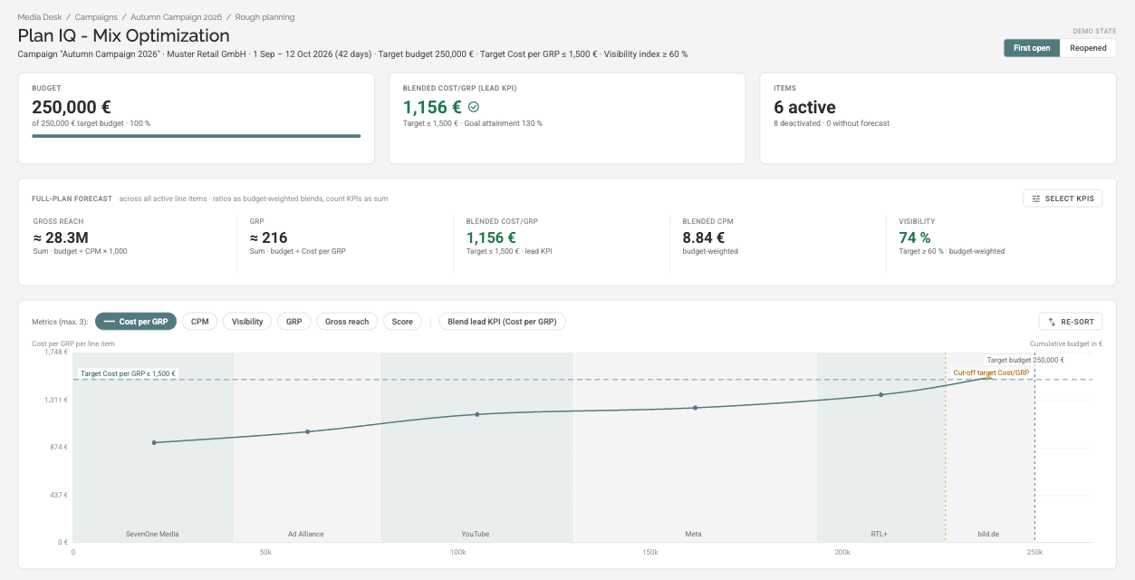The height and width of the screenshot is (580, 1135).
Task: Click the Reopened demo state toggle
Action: click(1088, 48)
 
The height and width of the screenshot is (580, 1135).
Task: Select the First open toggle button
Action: click(1032, 48)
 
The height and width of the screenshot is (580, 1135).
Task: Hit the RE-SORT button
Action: click(1070, 322)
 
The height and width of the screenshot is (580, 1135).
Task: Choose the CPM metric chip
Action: click(199, 322)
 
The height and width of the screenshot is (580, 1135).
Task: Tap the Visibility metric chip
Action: click(247, 322)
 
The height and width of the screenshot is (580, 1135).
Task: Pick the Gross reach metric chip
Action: click(347, 322)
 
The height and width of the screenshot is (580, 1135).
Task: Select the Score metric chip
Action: click(402, 322)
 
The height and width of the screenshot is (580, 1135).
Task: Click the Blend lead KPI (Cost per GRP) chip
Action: click(502, 322)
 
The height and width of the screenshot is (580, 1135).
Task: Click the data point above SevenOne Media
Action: click(154, 442)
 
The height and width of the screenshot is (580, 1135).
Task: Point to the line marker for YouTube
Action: click(477, 414)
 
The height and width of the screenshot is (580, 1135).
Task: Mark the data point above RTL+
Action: click(880, 394)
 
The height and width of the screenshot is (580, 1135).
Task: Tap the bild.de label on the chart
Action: click(988, 534)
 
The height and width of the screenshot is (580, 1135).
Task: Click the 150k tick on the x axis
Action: click(650, 552)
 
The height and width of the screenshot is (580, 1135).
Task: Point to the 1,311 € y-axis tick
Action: click(56, 400)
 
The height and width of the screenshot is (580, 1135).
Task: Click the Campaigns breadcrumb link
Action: click(96, 17)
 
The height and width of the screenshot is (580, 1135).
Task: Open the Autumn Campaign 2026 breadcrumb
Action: click(177, 17)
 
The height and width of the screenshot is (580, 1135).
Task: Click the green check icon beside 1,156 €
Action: click(474, 107)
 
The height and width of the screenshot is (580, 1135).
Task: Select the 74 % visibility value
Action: click(915, 237)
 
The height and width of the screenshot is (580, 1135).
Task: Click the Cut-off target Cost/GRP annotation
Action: click(991, 372)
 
